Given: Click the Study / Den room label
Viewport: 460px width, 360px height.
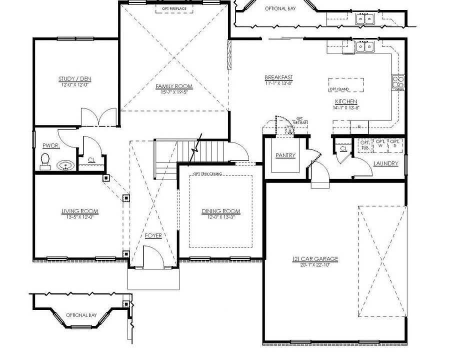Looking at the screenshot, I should point(74,79).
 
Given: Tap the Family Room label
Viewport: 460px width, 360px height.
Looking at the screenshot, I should point(173,86).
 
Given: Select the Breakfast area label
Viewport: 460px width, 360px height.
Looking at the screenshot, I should point(278,77).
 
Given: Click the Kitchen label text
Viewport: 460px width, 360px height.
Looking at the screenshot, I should point(346,101).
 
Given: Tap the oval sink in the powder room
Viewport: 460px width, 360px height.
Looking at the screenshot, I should point(65,165).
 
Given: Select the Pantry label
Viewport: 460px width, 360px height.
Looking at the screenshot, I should point(285,155).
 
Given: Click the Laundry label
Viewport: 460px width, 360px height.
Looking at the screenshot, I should point(385,163).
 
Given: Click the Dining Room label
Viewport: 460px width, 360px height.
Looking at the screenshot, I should point(221,211).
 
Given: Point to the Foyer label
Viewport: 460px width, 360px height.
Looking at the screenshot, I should point(153,235).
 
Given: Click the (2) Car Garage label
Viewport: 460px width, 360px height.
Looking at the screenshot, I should point(315,259).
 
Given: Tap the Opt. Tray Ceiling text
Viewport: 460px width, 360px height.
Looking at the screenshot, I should point(208,174).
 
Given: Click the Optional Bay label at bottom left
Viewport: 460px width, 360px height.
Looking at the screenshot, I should point(81,315).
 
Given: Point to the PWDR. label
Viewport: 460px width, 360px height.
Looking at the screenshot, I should point(50,145).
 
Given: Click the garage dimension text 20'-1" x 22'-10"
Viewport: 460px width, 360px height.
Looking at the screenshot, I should point(315,264).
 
